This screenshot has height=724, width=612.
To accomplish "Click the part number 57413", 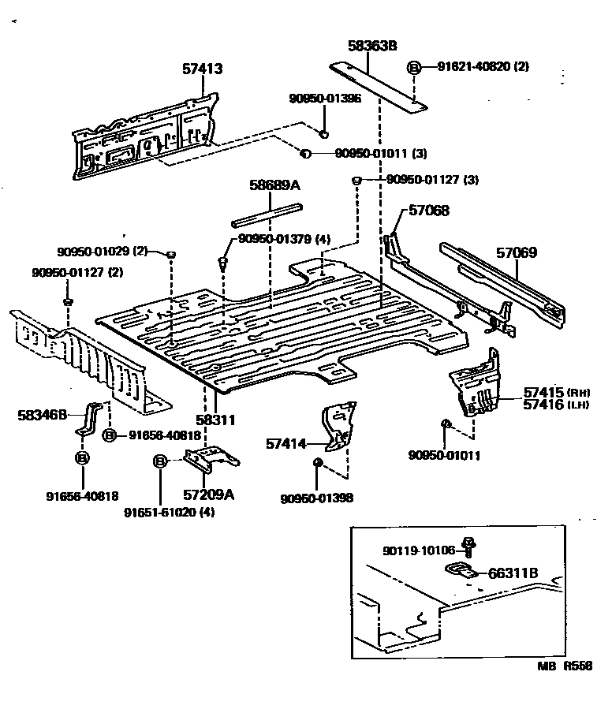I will [x=202, y=69].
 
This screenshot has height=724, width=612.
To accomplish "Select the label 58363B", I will [x=371, y=47].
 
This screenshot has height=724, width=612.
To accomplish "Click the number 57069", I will [x=517, y=253].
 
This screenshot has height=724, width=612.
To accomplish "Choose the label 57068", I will [x=428, y=211].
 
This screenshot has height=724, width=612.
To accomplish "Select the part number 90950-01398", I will [x=316, y=498].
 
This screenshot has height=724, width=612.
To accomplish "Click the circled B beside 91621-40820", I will [x=413, y=68].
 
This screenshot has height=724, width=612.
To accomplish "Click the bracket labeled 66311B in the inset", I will [x=461, y=570].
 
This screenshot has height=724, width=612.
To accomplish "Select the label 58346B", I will [x=43, y=413].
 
